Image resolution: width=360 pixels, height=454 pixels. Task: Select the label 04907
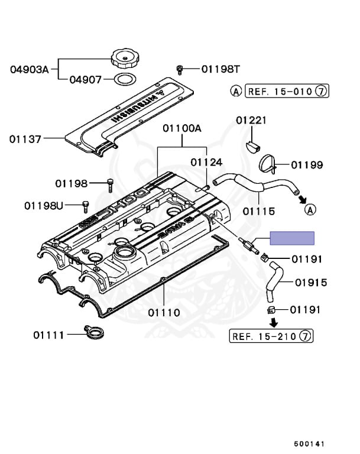[87, 79]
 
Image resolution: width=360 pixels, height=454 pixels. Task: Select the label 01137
[25, 140]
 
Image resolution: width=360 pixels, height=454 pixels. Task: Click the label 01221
[252, 121]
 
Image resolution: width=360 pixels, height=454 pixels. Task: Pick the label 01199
[307, 165]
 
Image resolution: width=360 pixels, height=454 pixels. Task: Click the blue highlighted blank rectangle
[292, 238]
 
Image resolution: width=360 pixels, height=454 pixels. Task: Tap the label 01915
[311, 283]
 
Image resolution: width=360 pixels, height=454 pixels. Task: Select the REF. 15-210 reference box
[272, 336]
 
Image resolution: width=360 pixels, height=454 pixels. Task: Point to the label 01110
[164, 312]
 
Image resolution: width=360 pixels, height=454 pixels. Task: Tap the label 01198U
[44, 206]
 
